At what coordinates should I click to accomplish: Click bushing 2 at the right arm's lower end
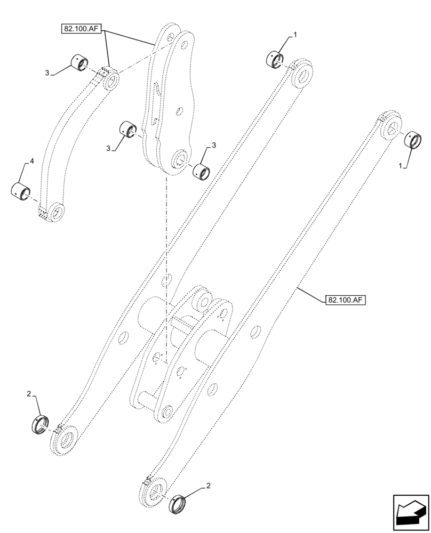(178, 503)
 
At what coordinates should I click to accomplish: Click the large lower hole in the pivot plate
(180, 159)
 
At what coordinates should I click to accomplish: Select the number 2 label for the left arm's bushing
(29, 394)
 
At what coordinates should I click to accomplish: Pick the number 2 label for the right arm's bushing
(209, 486)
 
